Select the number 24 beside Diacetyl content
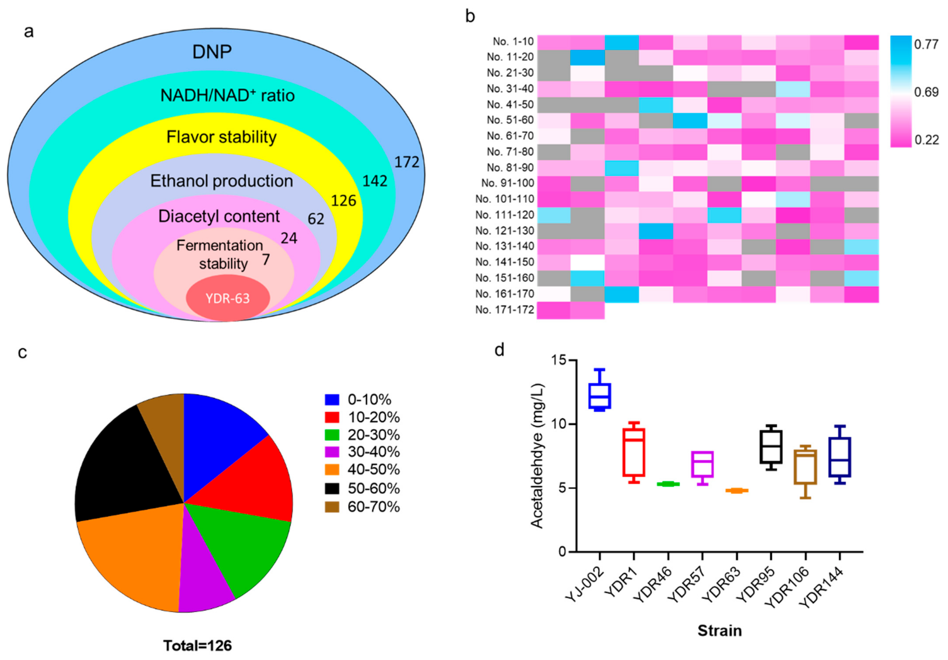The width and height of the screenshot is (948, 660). click(289, 238)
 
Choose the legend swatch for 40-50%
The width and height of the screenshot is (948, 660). click(332, 470)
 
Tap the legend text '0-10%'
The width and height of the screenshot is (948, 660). click(369, 400)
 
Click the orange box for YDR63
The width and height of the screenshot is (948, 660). click(737, 490)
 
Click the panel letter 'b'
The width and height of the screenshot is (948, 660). click(470, 16)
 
